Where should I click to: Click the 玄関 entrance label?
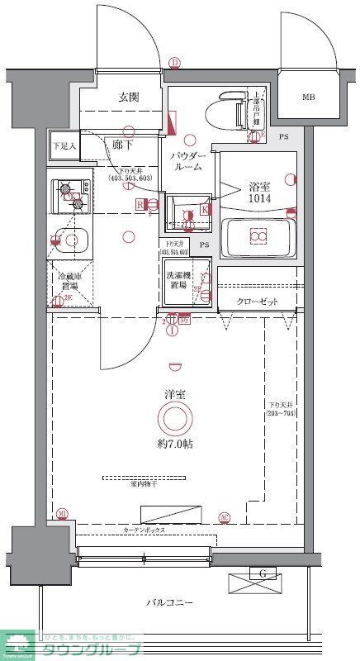pyautogui.click(x=127, y=97)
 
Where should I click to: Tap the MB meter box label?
pyautogui.click(x=308, y=97)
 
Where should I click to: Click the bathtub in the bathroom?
pyautogui.click(x=258, y=238)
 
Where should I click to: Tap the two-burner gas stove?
pyautogui.click(x=71, y=196)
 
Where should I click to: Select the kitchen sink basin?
pyautogui.click(x=73, y=240)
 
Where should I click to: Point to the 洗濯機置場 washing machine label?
pyautogui.click(x=183, y=279)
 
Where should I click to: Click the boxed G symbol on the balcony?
pyautogui.click(x=262, y=574)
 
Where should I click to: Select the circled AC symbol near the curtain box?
pyautogui.click(x=225, y=517)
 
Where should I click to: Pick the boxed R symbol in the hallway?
pyautogui.click(x=140, y=203)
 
